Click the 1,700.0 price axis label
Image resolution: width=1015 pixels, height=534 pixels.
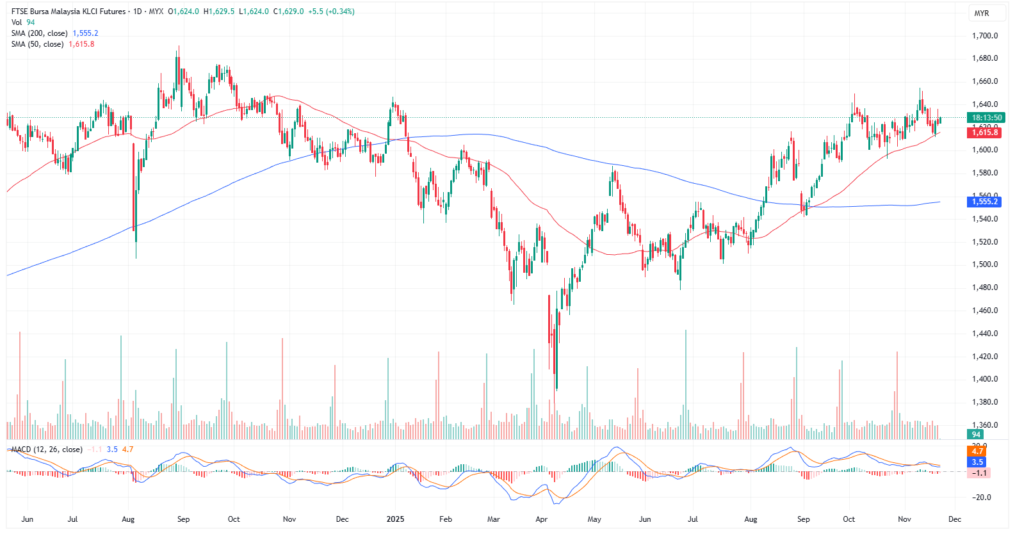(x=985, y=36)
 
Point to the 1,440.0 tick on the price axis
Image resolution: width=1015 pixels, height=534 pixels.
(x=985, y=334)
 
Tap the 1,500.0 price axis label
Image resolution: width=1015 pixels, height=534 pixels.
(x=985, y=264)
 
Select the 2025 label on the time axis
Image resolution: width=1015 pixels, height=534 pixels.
(x=395, y=519)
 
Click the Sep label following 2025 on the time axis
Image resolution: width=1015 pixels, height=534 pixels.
(x=803, y=519)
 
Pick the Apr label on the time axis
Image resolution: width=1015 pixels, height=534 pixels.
(x=541, y=519)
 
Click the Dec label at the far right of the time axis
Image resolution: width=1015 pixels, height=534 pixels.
(x=954, y=519)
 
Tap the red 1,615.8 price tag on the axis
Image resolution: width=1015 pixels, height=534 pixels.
(x=985, y=133)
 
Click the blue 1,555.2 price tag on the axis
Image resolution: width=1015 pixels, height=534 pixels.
(x=985, y=202)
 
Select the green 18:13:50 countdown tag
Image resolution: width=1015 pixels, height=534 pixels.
(x=986, y=118)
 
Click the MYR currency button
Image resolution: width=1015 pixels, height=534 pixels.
(x=981, y=13)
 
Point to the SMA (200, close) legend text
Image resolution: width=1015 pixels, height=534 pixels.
(x=39, y=33)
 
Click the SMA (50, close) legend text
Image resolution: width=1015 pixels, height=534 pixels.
(x=37, y=44)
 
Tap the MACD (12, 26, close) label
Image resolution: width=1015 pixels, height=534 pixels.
(x=47, y=449)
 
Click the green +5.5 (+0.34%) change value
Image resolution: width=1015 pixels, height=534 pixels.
(x=331, y=12)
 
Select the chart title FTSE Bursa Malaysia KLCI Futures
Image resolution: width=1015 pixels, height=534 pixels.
(x=69, y=12)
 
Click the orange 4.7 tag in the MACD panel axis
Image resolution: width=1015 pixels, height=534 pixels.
(x=977, y=451)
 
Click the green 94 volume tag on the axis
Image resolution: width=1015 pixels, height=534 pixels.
(x=976, y=434)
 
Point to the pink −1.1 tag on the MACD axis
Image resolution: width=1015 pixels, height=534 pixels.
(x=980, y=473)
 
